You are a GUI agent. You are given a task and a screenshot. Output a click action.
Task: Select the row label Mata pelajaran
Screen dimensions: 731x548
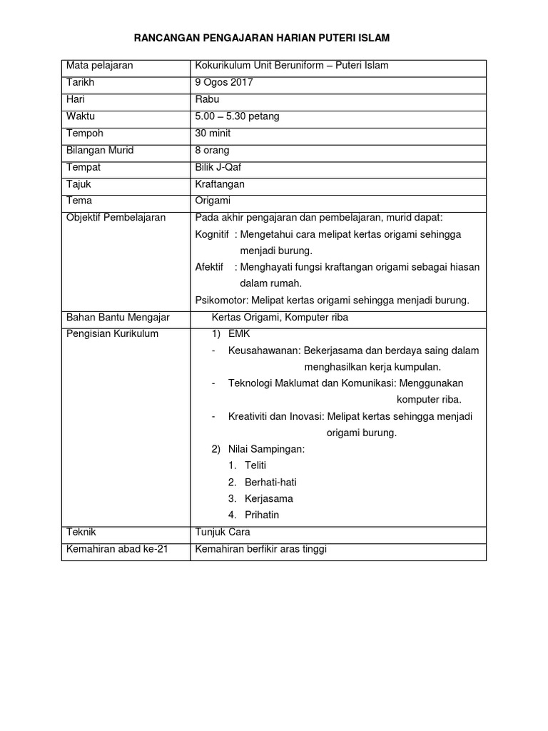(99, 66)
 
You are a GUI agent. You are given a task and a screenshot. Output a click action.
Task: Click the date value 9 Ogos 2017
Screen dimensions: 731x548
(224, 82)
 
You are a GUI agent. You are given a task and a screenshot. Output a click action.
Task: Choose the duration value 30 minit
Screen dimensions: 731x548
(213, 133)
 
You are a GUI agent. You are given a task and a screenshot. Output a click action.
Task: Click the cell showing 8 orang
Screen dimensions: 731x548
(212, 150)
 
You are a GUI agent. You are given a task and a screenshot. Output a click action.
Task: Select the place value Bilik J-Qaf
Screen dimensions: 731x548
(218, 167)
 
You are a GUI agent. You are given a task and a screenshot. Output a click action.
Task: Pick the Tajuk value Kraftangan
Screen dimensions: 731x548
(220, 184)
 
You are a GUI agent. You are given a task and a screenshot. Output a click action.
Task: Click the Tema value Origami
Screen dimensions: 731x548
(213, 201)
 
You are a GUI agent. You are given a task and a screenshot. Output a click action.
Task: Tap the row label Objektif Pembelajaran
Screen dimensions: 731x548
(116, 218)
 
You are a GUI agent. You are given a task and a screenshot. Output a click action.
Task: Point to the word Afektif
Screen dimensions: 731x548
(210, 267)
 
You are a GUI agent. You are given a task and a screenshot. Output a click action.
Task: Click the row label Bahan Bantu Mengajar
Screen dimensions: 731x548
(118, 317)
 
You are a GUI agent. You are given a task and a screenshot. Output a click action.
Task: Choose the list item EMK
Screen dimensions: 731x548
(239, 334)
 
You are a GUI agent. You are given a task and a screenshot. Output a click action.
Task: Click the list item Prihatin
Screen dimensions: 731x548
(262, 515)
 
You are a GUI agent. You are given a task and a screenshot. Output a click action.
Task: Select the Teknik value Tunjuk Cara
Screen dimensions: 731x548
(223, 533)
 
